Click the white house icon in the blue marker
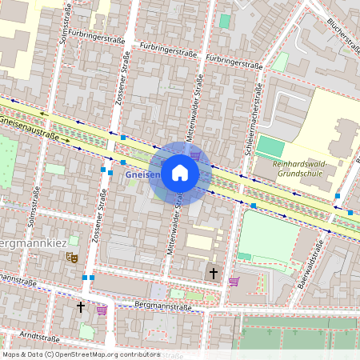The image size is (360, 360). click(180, 173)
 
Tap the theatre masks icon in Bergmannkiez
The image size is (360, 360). click(72, 257)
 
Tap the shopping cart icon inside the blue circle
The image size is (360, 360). click(195, 154)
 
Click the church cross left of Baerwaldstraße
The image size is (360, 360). click(213, 274)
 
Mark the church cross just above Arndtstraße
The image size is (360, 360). click(80, 306)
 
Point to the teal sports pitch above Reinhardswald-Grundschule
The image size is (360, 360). click(270, 147)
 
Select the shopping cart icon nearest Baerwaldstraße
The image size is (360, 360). click(234, 281)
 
